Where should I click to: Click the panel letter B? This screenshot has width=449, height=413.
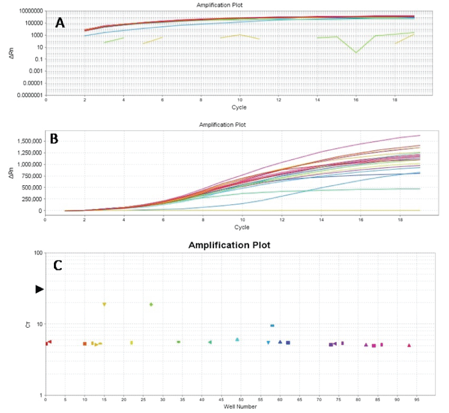(x=54, y=139)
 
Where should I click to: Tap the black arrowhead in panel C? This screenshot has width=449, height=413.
(x=39, y=289)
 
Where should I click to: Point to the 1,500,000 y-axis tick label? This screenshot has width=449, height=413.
(x=28, y=141)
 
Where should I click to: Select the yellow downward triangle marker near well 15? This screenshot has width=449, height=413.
(x=104, y=304)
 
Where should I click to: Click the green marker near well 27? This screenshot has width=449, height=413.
(x=151, y=304)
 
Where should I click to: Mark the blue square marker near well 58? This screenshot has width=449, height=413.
(x=272, y=325)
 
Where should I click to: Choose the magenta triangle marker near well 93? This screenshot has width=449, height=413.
(x=409, y=346)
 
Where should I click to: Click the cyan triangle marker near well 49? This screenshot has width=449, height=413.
(x=237, y=339)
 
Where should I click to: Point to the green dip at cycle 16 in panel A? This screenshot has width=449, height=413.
(x=356, y=52)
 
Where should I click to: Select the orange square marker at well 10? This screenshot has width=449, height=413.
(x=85, y=343)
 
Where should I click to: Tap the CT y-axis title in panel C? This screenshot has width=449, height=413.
(x=28, y=324)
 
